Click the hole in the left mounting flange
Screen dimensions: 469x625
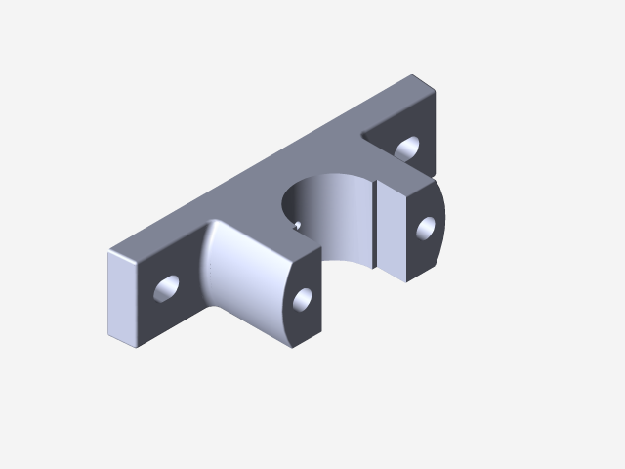[167, 288]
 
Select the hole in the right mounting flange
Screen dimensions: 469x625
[406, 149]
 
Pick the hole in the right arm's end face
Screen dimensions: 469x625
[426, 228]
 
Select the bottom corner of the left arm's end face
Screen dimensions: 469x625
[290, 348]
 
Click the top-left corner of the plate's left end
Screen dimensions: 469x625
[108, 254]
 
